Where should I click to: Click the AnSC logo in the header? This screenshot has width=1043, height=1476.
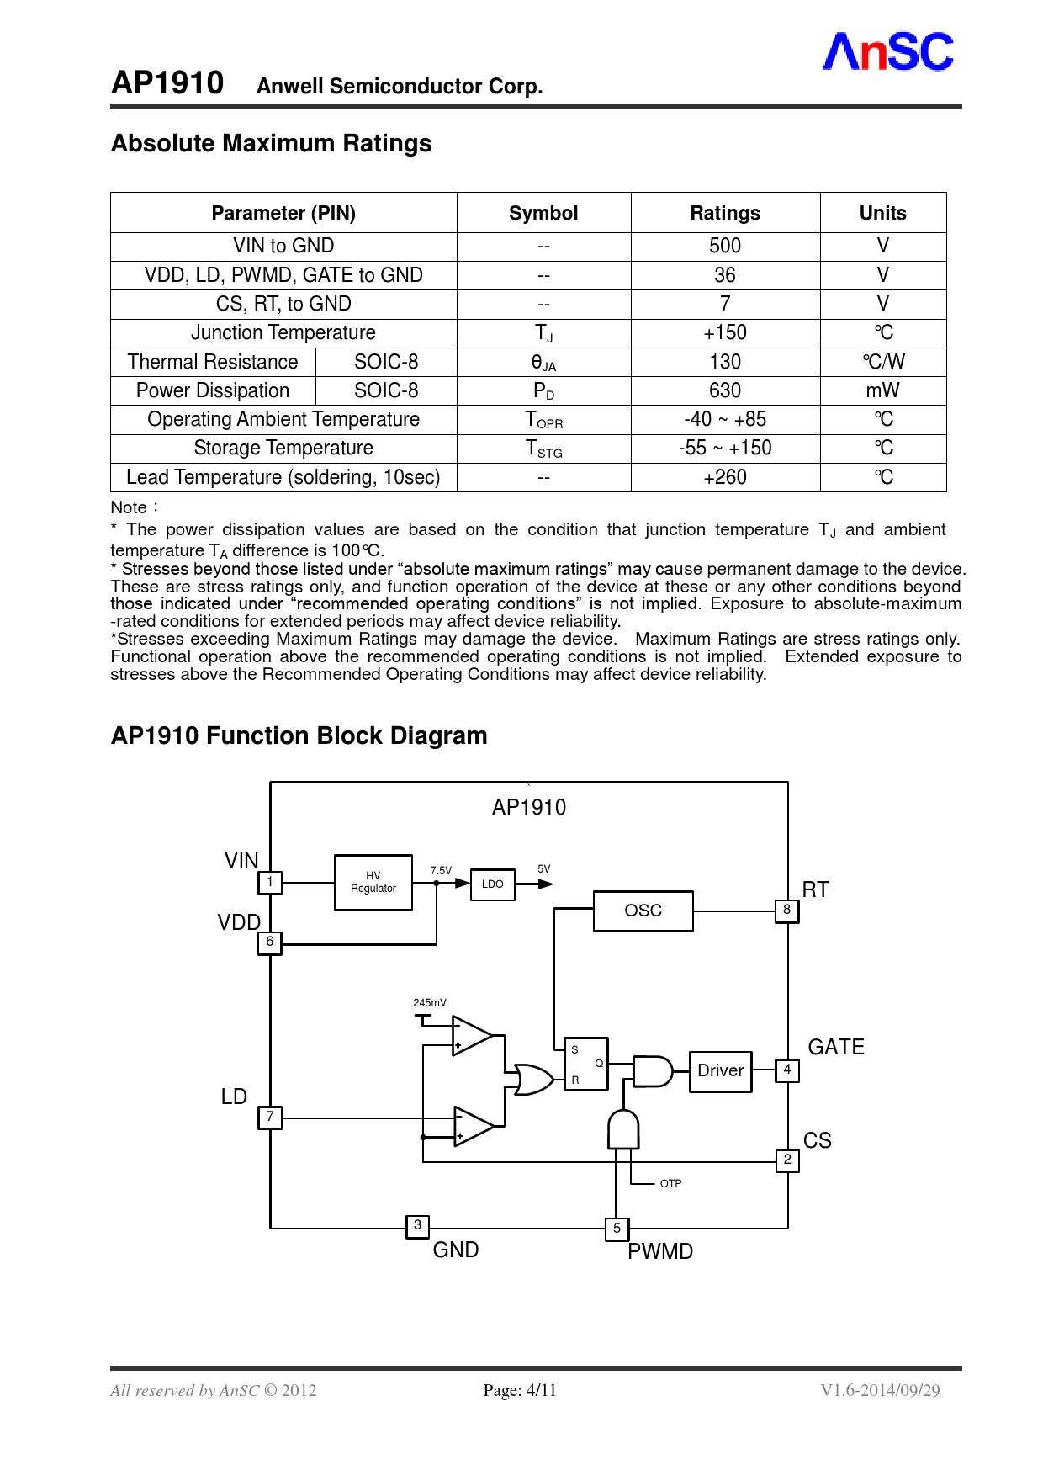tap(887, 52)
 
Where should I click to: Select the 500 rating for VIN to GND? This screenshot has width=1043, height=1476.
tap(724, 246)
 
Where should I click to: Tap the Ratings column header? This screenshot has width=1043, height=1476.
tap(724, 213)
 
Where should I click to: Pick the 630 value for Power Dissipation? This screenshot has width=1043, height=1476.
tap(724, 390)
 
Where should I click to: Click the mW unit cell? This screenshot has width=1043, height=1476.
tap(882, 390)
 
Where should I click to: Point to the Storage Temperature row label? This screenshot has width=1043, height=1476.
tap(283, 448)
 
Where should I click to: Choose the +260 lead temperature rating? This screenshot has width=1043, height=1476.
tap(724, 477)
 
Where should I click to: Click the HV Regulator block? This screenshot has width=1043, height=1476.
tap(373, 883)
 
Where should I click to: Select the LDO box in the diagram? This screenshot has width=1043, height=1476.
tap(492, 884)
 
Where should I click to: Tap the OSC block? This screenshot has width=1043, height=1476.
tap(643, 911)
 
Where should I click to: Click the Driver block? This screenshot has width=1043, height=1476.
tap(720, 1070)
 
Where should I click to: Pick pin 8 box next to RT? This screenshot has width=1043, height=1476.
tap(786, 910)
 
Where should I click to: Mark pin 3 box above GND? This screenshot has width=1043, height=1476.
tap(417, 1226)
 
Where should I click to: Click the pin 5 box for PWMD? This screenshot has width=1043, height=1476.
tap(617, 1229)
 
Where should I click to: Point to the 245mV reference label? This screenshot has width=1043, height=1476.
tap(429, 1003)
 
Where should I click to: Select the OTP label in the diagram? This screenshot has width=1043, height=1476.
tap(670, 1184)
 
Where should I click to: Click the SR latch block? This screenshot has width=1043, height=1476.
tap(585, 1064)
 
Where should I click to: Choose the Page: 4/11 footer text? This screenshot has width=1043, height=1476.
tap(520, 1390)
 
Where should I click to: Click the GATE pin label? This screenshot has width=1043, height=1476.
tap(835, 1047)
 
